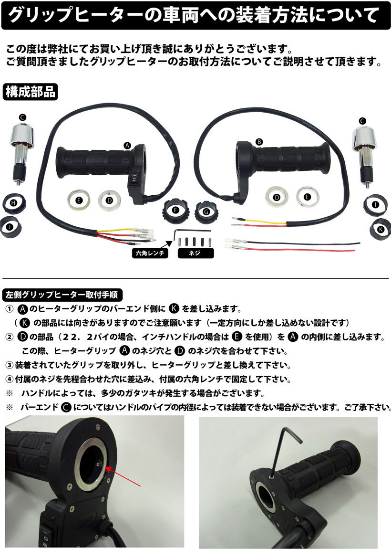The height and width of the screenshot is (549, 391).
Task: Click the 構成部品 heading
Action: click(31, 92)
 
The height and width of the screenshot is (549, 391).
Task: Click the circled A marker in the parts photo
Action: click(127, 144)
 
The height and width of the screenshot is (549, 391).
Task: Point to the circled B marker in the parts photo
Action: click(259, 142)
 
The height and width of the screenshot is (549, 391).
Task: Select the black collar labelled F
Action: click(175, 211)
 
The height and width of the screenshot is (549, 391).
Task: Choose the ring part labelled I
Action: click(376, 204)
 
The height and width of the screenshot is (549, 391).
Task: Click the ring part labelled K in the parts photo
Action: click(380, 228)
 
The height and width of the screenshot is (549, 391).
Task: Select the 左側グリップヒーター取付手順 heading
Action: click(63, 294)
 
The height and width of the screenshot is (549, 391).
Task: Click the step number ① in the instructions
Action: click(9, 309)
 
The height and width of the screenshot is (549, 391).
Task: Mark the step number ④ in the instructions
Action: click(9, 380)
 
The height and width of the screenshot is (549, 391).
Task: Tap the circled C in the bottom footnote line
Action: click(67, 408)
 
